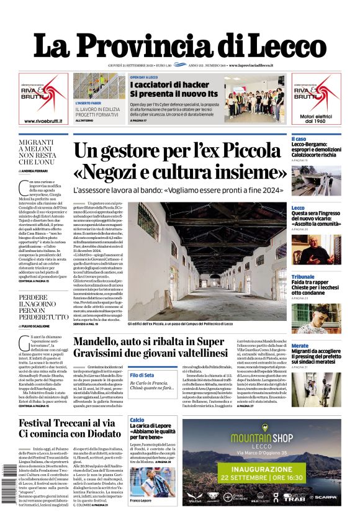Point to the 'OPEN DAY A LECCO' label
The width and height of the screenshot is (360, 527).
tap(144, 77)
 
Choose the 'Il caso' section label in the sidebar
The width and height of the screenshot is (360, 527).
tap(299, 138)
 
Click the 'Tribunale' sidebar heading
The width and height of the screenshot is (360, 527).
tap(303, 276)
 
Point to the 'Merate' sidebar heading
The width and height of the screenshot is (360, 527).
tap(300, 346)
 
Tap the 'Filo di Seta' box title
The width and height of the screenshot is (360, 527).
tap(143, 376)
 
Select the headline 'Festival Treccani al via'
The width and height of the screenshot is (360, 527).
tap(67, 423)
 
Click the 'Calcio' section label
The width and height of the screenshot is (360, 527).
tap(137, 420)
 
